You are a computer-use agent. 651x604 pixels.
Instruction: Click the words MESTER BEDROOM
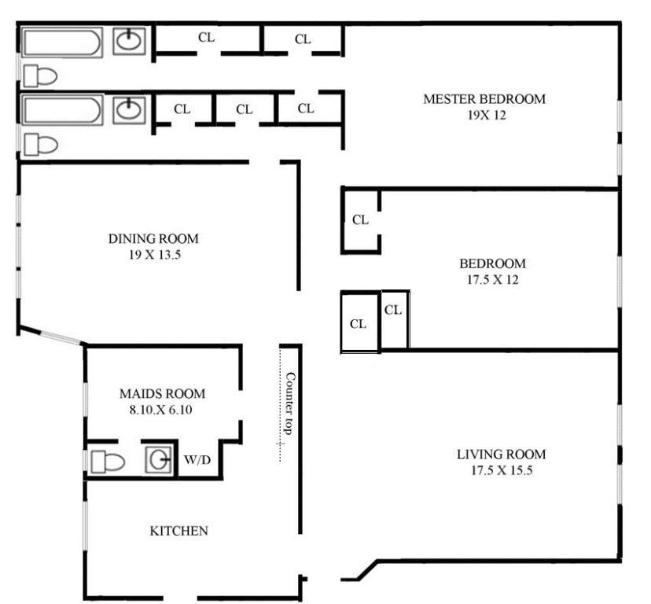(x=484, y=99)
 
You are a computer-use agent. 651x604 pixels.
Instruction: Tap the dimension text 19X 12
(x=484, y=114)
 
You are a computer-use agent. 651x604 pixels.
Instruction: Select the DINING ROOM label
(x=153, y=238)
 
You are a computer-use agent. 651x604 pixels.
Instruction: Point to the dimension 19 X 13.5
(x=153, y=254)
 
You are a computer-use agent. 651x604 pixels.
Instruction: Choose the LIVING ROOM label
(x=501, y=455)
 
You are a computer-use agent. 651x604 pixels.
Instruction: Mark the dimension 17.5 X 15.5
(x=501, y=471)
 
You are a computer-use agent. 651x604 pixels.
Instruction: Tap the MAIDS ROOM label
(x=162, y=393)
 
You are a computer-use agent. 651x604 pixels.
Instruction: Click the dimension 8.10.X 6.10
(x=162, y=409)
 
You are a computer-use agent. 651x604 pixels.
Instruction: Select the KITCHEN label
(x=178, y=531)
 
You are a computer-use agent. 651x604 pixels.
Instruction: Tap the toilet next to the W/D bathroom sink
(x=107, y=462)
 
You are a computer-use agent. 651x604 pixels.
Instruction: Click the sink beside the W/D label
(x=158, y=460)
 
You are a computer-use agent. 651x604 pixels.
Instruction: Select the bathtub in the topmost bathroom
(x=61, y=42)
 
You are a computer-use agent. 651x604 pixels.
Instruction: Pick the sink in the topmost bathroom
(x=128, y=41)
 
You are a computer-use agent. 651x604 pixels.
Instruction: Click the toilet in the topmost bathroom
(x=40, y=76)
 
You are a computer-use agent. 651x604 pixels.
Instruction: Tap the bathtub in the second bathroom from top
(x=61, y=109)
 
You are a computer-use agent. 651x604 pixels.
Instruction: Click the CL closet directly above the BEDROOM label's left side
(x=360, y=220)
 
